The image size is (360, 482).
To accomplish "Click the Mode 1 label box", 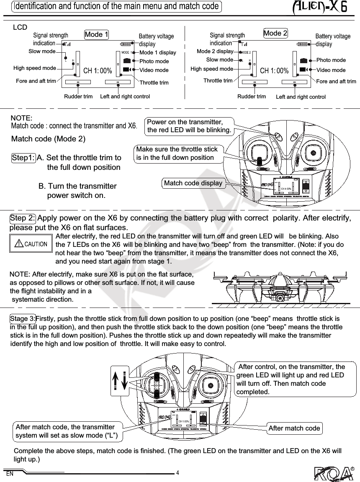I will pyautogui.click(x=96, y=34).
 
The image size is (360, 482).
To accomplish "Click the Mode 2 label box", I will pyautogui.click(x=275, y=33).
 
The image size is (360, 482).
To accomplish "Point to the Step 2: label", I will pyautogui.click(x=23, y=218).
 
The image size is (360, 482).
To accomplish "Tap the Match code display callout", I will pyautogui.click(x=193, y=183).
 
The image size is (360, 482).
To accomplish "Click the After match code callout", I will pyautogui.click(x=294, y=428).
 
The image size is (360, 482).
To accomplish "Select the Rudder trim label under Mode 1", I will pyautogui.click(x=78, y=97).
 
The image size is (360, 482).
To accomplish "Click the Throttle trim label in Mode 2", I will pyautogui.click(x=218, y=80).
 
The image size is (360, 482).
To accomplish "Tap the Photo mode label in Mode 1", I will pyautogui.click(x=154, y=62).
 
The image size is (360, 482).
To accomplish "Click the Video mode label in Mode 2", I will pyautogui.click(x=331, y=70).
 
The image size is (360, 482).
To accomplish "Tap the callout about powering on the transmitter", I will pyautogui.click(x=189, y=126).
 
